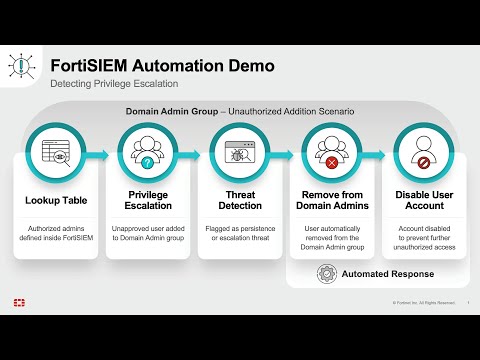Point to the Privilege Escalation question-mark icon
[x=148, y=154]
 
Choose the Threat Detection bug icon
[x=239, y=154]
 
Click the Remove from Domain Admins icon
[x=331, y=154]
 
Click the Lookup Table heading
[x=56, y=199]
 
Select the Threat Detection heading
[x=239, y=199]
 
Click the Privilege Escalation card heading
[x=148, y=199]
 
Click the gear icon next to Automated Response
[x=325, y=273]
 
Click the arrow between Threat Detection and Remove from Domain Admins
[x=285, y=155]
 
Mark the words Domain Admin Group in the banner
[x=165, y=111]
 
